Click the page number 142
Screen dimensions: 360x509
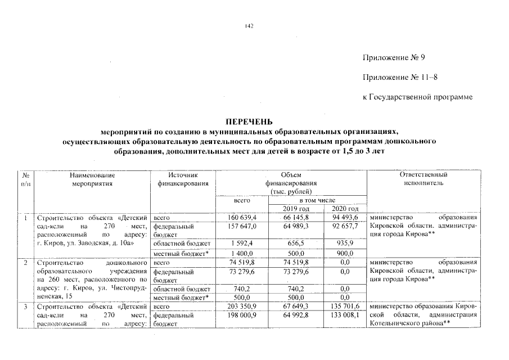[250, 26]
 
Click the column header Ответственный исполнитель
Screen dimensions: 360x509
[423, 179]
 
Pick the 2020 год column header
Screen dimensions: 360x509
[345, 209]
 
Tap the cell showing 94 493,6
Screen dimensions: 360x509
[346, 218]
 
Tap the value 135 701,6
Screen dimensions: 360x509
[345, 307]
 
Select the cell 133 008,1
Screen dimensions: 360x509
[345, 315]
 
